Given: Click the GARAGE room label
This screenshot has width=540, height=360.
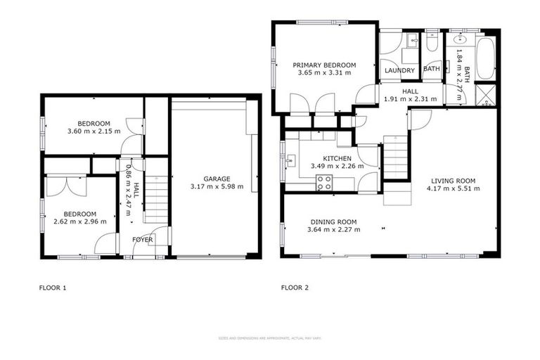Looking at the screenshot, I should click(x=217, y=179).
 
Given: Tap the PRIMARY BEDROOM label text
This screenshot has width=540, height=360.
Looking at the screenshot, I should click(x=321, y=64).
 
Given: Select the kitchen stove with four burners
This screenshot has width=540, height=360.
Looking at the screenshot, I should click(x=324, y=184).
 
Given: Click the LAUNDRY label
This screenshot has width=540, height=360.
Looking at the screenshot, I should click(x=399, y=70).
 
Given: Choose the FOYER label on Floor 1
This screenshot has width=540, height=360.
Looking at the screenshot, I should click(x=143, y=240).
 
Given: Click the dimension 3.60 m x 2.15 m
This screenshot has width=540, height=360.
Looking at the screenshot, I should click(x=94, y=131).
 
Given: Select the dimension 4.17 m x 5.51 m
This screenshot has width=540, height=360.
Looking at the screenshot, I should click(x=455, y=188).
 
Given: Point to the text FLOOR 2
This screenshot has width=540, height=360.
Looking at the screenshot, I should click(x=294, y=287).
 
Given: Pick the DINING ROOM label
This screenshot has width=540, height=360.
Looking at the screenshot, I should click(x=335, y=221).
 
